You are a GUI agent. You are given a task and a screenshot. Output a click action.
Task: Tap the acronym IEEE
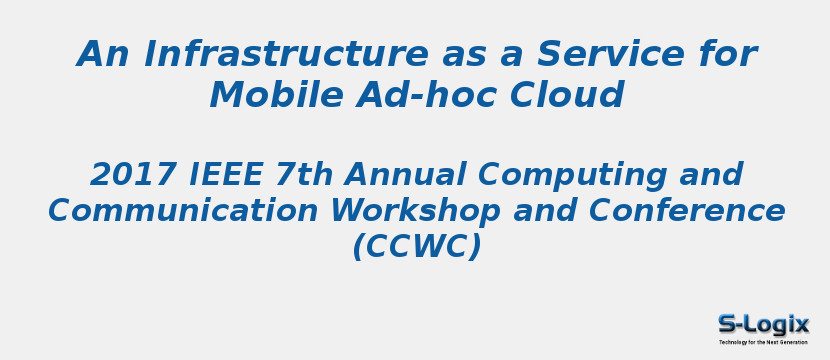tap(227, 175)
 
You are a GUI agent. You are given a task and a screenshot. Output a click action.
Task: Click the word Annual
tap(406, 175)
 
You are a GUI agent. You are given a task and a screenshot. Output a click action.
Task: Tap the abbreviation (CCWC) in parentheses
tap(416, 246)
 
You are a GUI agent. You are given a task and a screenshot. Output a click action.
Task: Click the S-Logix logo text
tap(763, 324)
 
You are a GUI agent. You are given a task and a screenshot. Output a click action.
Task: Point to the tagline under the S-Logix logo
tap(763, 342)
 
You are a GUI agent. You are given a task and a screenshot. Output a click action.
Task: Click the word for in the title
tap(726, 54)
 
